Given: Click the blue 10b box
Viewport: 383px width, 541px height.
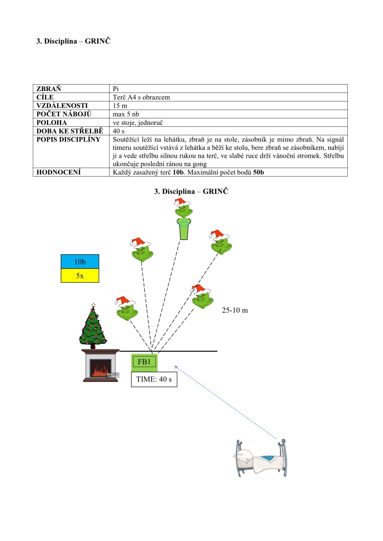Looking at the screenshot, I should (x=80, y=262).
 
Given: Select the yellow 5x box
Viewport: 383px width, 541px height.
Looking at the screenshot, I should (x=80, y=275).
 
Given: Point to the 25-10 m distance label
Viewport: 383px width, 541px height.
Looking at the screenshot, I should (x=235, y=310).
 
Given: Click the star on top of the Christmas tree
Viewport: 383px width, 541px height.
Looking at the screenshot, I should (x=94, y=305).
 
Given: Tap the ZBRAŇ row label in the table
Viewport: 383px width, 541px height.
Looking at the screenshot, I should (x=49, y=88).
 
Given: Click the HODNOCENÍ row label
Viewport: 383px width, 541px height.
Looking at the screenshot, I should (x=58, y=172).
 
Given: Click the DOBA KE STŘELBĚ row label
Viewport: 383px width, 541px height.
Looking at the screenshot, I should (x=69, y=131).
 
